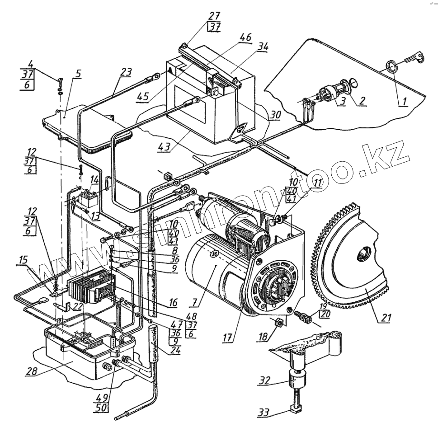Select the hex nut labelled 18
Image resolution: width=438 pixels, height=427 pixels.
tap(279, 322)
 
